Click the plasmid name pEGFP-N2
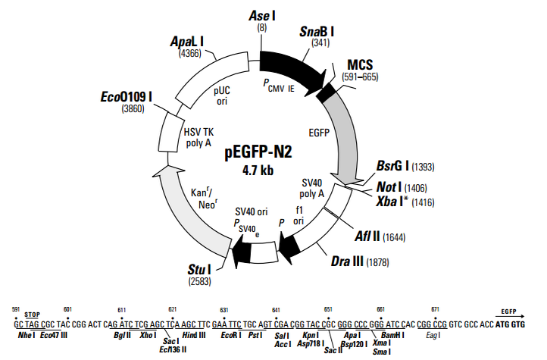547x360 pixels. tap(258, 152)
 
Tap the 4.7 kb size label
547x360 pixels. tap(258, 171)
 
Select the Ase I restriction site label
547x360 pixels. tap(261, 16)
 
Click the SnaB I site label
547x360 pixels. tap(317, 32)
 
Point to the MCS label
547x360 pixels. tap(360, 64)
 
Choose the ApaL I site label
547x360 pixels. tap(187, 42)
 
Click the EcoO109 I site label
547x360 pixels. tap(127, 96)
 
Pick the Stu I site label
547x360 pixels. tap(199, 270)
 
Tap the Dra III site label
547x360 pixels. tap(347, 261)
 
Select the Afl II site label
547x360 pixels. tap(367, 236)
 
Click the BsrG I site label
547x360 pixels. tap(392, 166)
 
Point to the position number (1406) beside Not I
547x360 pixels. tap(415, 189)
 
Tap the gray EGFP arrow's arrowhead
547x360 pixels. tap(347, 178)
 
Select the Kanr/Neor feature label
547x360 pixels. tap(205, 198)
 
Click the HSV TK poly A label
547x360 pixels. tap(198, 137)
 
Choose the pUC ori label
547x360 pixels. tap(222, 95)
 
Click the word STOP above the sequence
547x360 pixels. tap(32, 315)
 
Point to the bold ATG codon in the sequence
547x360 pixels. tap(502, 325)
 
